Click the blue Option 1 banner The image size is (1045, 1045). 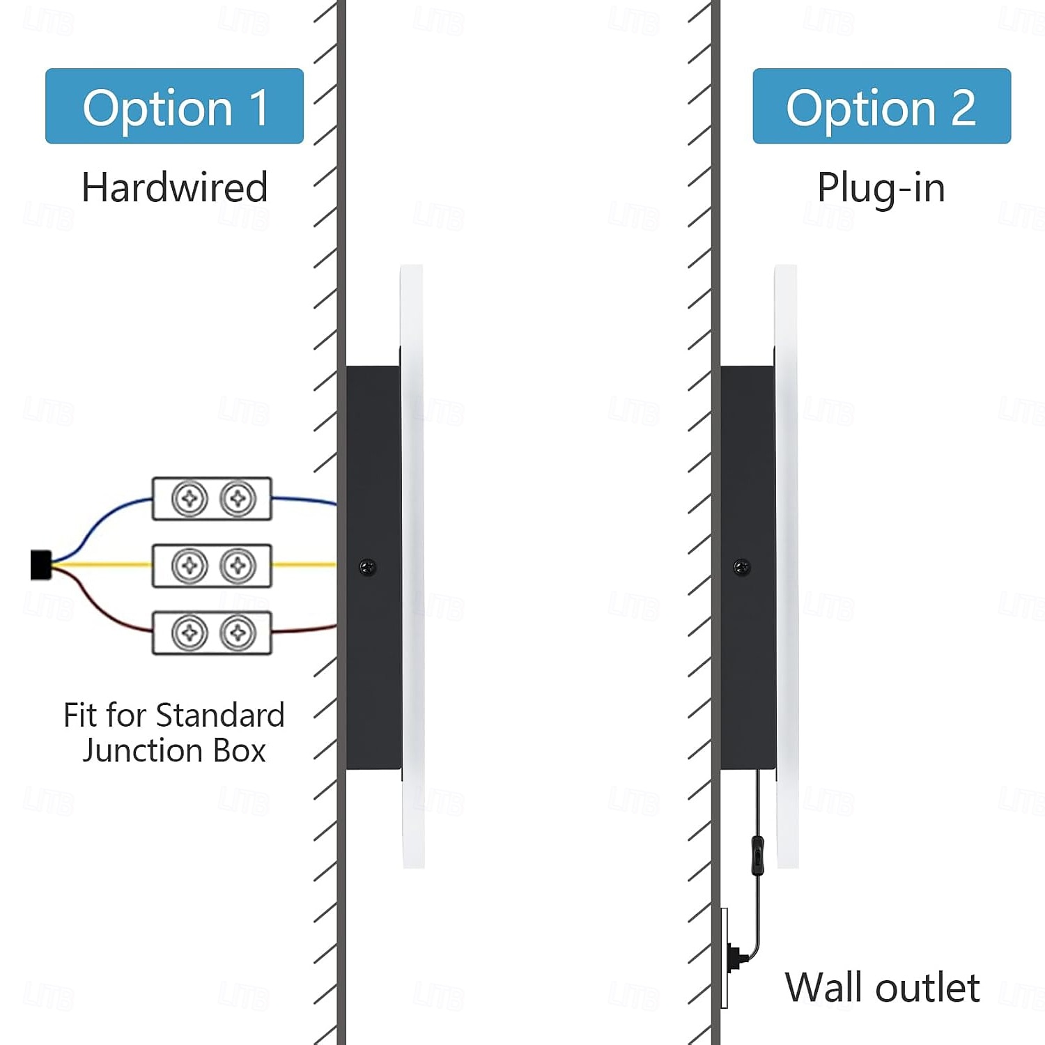point(174,107)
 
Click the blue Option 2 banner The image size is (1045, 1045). point(881,107)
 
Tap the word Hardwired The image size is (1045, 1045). point(174,187)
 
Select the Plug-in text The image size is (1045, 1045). point(881,188)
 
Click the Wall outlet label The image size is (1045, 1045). point(882,987)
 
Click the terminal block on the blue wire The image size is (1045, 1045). point(212,499)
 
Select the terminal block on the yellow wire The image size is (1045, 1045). point(212,566)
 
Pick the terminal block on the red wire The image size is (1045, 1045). point(212,633)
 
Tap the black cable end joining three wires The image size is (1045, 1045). point(40,565)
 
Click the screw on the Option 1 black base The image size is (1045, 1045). point(367,568)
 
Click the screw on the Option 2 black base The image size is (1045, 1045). point(742,568)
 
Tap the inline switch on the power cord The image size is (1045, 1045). point(758,856)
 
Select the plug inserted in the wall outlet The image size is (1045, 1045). point(736,958)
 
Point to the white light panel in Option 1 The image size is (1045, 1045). point(412,418)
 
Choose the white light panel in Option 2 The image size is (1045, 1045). point(787,418)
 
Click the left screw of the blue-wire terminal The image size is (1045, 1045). point(189,499)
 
